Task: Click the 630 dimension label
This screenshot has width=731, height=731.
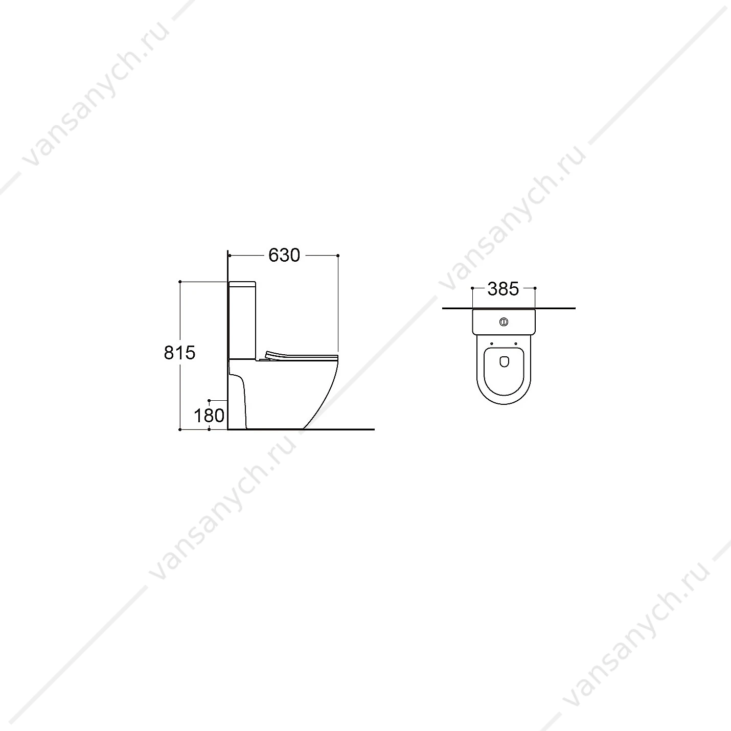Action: pos(284,255)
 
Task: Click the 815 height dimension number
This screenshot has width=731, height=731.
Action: pos(179,353)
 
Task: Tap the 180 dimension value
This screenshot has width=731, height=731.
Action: pos(209,416)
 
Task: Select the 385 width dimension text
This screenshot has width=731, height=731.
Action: pos(503,289)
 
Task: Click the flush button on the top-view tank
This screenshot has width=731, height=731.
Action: pos(504,322)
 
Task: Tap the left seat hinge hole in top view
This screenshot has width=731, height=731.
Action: pos(492,344)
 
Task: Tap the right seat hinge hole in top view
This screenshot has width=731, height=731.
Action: pos(516,344)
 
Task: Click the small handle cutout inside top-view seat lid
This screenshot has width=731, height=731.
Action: pos(504,362)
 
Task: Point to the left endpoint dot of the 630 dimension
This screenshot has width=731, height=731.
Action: pos(230,256)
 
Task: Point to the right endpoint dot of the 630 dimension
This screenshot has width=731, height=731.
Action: pos(337,256)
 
